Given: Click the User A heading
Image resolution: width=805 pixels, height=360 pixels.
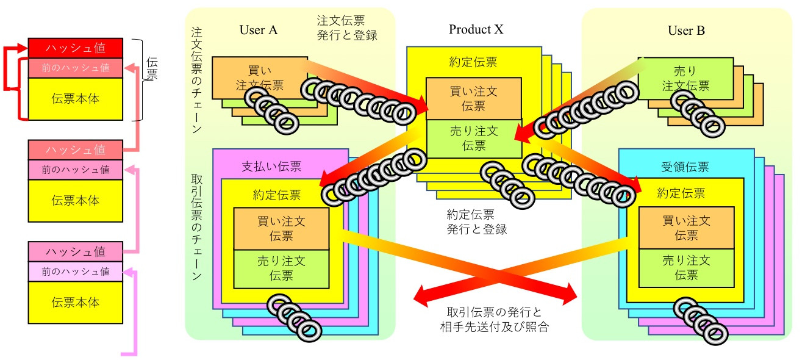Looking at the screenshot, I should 259,31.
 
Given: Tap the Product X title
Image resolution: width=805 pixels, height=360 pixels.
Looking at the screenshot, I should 476,29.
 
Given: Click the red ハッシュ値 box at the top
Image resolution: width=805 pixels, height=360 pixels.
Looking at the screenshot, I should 76,48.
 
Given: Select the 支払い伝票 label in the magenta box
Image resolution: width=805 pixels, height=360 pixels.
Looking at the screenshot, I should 271,167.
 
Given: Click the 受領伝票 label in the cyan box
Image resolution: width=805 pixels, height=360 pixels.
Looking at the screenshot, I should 681,167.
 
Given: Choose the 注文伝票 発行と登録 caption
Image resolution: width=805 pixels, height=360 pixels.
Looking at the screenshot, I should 347,27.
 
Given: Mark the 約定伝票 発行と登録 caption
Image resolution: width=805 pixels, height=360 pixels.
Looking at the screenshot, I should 476,221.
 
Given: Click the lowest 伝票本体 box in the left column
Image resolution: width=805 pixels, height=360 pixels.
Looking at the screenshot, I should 76,303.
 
